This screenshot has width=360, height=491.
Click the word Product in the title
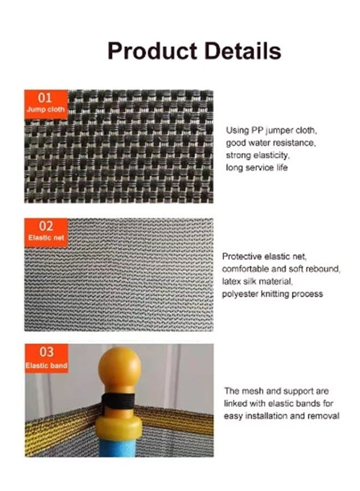[x=152, y=51]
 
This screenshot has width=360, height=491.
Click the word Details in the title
[x=243, y=50]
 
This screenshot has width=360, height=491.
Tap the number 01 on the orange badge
[x=45, y=98]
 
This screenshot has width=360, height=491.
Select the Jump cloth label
[x=46, y=110]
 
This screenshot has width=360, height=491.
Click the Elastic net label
[x=46, y=238]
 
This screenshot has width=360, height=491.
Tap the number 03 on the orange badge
[x=46, y=352]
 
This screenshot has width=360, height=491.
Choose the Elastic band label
[x=46, y=366]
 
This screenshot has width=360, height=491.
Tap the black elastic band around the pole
[x=118, y=401]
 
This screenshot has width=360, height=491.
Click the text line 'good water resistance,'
[x=271, y=143]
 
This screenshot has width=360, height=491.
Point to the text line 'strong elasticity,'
[x=258, y=155]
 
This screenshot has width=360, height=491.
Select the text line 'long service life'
[x=257, y=167]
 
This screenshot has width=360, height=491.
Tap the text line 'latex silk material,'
[x=257, y=282]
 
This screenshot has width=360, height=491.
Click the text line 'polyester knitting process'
[x=272, y=294]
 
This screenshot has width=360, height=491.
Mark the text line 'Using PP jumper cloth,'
[x=272, y=130]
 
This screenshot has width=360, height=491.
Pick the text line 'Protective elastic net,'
[x=265, y=256]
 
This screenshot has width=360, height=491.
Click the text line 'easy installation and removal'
[x=281, y=416]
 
